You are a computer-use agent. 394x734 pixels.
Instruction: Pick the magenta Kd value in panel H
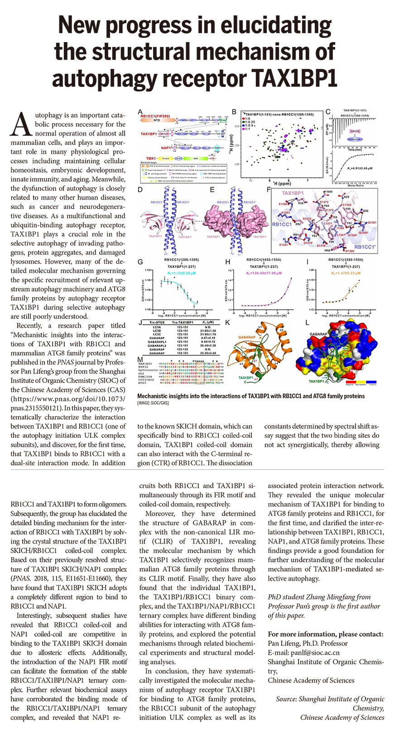click(264, 274)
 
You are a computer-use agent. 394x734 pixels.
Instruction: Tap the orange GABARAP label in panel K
click(247, 337)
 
